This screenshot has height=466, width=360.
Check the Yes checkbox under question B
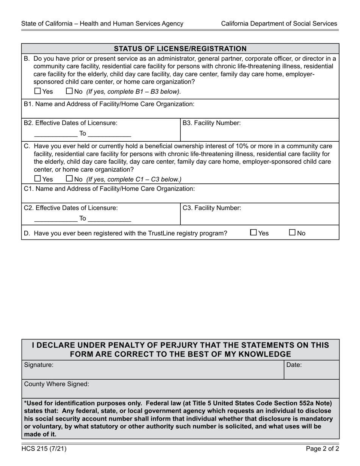[x=37, y=91]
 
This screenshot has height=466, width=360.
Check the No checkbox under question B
[x=69, y=91]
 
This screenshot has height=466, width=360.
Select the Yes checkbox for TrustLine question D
[x=254, y=233]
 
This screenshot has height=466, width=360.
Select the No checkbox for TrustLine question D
[x=293, y=233]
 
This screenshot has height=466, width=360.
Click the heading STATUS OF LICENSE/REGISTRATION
[x=180, y=48]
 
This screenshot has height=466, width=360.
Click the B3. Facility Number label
[x=211, y=123]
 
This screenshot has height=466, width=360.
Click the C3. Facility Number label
[x=211, y=208]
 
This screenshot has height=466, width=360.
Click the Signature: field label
[x=39, y=365]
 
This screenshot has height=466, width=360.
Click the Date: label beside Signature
[x=294, y=365]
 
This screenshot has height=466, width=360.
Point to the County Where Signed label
[x=56, y=384]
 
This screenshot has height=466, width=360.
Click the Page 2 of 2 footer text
[x=322, y=449]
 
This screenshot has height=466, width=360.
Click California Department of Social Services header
[x=279, y=23]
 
